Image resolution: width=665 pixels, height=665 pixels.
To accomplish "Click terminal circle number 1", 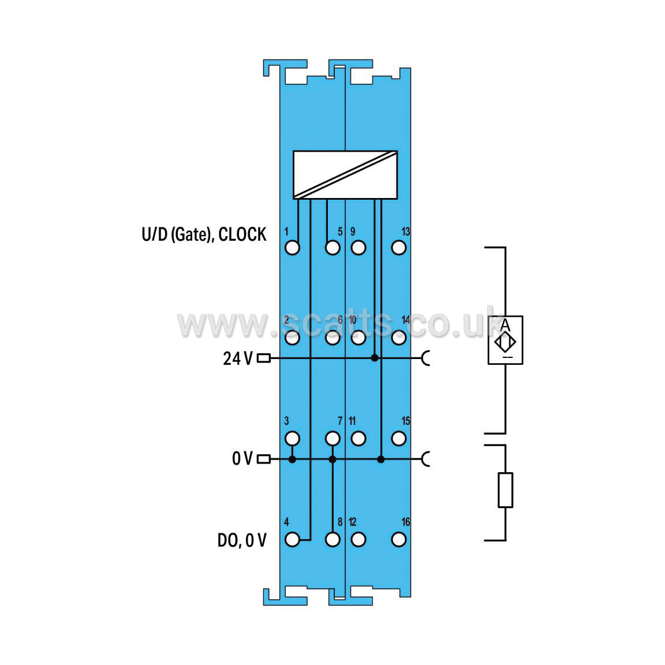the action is pos(292,248).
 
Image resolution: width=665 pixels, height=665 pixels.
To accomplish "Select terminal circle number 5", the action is pos(332,248).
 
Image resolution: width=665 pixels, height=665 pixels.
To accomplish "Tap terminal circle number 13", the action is pos(399,248).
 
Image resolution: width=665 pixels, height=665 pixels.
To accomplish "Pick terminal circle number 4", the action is pos(292,540).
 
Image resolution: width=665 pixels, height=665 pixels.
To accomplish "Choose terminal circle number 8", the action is pos(332,540).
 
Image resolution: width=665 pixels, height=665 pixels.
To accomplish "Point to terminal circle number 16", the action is pos(399,540).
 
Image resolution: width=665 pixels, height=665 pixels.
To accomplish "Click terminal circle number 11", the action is pos(358,439).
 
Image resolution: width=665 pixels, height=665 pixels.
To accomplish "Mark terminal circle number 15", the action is pos(399,439).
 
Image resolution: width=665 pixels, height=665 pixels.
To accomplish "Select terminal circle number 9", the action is pos(358,248).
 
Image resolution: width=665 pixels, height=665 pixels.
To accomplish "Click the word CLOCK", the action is pos(242,234).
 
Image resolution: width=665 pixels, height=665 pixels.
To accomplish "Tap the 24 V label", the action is pos(237,359).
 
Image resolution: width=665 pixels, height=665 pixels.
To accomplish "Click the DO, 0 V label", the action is pos(242,540).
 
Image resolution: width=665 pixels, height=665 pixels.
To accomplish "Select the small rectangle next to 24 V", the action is pos(264,358).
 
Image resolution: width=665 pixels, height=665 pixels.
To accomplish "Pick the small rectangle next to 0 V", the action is pos(264,459).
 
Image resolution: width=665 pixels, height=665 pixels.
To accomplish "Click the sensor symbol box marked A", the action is pos(505,340).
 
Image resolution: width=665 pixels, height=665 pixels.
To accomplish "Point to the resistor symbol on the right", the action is pos(505,490).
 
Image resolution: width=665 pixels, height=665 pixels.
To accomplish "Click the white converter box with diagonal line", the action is pos(345,175).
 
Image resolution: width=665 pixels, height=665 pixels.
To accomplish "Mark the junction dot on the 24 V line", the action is pos(375,358).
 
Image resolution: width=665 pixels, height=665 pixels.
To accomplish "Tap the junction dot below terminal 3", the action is pos(292,459).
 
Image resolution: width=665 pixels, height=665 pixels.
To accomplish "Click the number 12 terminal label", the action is pos(353,522).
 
